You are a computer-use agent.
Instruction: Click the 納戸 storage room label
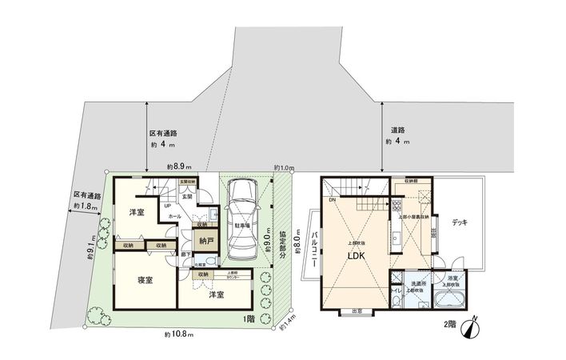click(x=206, y=240)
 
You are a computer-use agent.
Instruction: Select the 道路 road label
click(x=398, y=130)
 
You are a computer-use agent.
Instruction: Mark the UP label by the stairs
click(x=168, y=206)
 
